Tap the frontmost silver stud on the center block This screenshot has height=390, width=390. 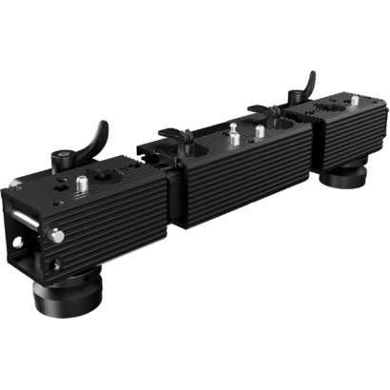[232, 140]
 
